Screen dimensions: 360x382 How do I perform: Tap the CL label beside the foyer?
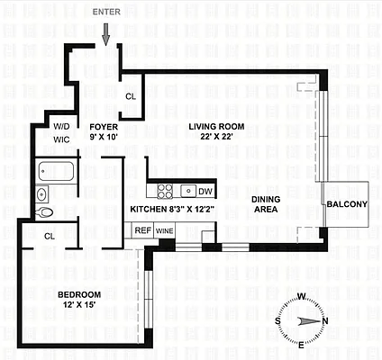click(131, 96)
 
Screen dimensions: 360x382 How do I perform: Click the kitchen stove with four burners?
click(166, 191)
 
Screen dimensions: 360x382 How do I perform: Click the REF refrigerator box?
click(142, 230)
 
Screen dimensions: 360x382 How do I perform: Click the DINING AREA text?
click(265, 204)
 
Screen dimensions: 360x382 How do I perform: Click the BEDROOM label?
click(79, 295)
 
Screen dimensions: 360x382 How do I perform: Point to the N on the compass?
click(325, 321)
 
